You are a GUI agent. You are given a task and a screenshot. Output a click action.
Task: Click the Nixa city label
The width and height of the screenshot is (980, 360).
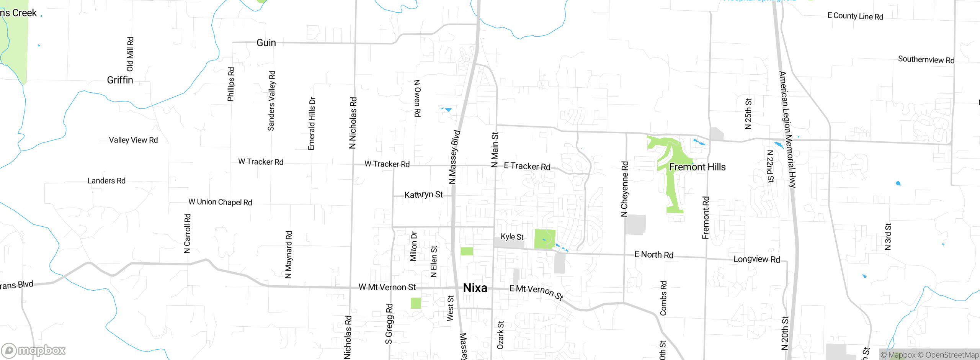click(475, 288)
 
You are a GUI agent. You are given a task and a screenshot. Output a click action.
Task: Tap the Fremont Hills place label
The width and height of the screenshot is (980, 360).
click(697, 167)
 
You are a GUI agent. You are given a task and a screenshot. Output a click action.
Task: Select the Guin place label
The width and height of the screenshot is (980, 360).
click(266, 43)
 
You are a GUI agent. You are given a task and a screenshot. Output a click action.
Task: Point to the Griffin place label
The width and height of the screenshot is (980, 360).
click(120, 80)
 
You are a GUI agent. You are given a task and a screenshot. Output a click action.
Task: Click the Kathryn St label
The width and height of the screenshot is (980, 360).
click(423, 195)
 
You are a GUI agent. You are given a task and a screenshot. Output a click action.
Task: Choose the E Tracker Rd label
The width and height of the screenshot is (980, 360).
click(527, 166)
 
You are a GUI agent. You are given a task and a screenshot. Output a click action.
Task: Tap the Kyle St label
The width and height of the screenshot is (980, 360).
click(512, 237)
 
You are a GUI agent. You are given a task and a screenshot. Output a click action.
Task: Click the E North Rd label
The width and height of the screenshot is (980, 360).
click(654, 255)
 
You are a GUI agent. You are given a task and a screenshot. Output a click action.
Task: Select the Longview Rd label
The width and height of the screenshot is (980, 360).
click(756, 259)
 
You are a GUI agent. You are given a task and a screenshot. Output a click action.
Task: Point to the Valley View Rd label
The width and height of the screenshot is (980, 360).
click(133, 140)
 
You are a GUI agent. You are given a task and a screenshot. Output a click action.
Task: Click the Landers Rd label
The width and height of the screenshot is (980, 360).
click(106, 181)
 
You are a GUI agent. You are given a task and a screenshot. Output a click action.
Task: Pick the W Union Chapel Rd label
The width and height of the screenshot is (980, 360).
click(220, 202)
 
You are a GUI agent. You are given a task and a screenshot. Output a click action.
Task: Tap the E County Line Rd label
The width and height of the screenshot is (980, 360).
click(855, 16)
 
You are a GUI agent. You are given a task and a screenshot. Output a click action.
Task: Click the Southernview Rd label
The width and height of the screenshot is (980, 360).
click(926, 60)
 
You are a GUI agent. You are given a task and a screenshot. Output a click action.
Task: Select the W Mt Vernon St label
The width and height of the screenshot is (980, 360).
click(387, 287)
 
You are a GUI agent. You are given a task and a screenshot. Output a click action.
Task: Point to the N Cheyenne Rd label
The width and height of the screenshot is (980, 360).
click(624, 189)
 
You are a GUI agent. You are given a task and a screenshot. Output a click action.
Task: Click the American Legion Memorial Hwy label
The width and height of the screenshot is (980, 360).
click(787, 129)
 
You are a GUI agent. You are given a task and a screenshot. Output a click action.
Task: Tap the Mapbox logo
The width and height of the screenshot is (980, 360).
click(34, 350)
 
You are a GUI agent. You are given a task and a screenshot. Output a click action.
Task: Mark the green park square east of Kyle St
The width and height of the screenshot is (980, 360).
click(544, 239)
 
